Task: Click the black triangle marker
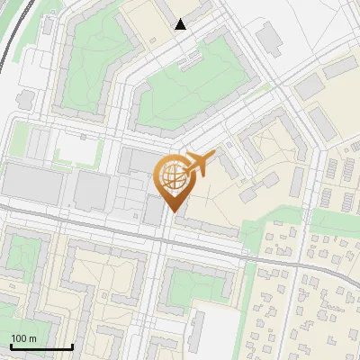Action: tap(181, 24)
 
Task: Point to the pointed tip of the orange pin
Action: tap(173, 211)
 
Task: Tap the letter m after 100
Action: tap(33, 339)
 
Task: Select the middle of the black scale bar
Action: tap(41, 347)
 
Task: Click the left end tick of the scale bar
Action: tap(11, 346)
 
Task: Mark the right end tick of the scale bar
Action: tap(72, 346)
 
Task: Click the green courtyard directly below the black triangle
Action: tap(189, 90)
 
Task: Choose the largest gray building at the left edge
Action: tap(31, 184)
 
